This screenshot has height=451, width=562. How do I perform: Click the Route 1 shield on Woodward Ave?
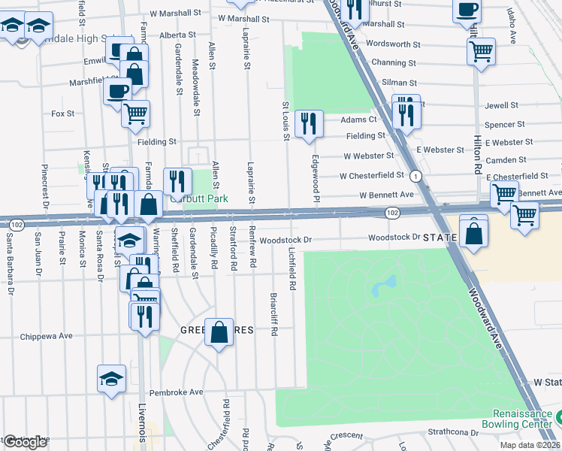[x=415, y=175]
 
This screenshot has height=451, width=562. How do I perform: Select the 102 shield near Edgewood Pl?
[x=391, y=213]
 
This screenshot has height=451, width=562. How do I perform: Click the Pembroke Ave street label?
[x=177, y=392]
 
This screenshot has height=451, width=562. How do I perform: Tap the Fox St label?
[x=62, y=114]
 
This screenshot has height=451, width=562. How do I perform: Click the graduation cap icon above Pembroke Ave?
[x=112, y=378]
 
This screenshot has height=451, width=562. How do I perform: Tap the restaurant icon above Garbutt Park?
[x=177, y=180]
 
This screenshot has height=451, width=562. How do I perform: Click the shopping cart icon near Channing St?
[x=481, y=52]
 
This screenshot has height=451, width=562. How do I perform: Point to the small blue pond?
[x=385, y=285]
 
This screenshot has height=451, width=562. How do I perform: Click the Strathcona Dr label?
[x=453, y=431]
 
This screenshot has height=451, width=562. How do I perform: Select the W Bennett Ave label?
[x=387, y=194]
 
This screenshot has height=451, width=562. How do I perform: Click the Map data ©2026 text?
[x=530, y=445]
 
